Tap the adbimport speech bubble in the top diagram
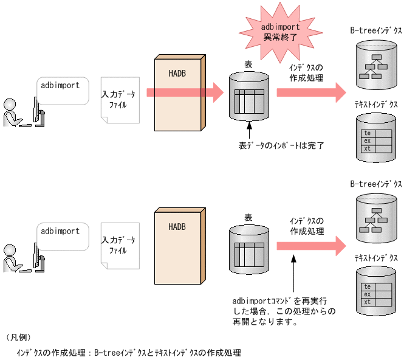coord(61,90)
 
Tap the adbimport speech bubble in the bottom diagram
coord(61,235)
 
